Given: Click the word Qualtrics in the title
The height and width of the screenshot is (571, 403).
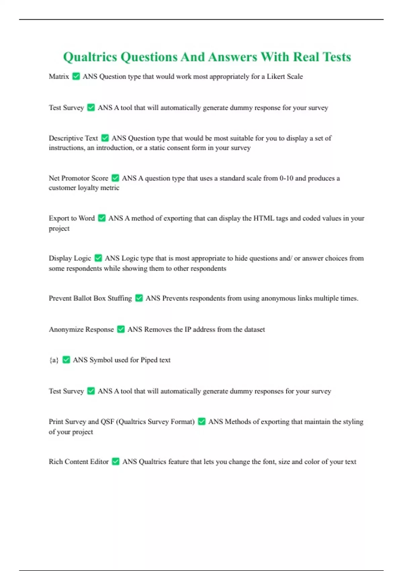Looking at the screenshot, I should tap(90, 57).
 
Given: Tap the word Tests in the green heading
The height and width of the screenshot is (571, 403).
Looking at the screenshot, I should tap(337, 57).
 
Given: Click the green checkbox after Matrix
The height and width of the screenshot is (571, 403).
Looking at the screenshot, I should tap(76, 77).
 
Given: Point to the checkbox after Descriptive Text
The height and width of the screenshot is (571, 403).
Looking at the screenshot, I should tap(105, 138).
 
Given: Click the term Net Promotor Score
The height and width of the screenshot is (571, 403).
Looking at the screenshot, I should tap(78, 178).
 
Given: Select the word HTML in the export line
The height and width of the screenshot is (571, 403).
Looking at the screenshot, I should tap(264, 218).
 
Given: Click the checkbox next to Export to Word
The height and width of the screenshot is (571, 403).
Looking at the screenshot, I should tap(102, 218).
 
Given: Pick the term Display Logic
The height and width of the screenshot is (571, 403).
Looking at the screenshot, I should tap(70, 258).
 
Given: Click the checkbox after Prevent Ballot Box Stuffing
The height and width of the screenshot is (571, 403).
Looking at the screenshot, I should tap(139, 298).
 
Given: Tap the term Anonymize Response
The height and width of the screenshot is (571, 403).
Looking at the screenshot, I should tap(81, 330).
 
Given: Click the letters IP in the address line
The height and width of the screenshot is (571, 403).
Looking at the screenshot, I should tap(188, 330).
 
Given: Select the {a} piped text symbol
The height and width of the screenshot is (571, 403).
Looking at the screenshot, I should tap(54, 360).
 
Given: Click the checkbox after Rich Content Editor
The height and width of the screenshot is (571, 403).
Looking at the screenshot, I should tap(116, 462).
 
